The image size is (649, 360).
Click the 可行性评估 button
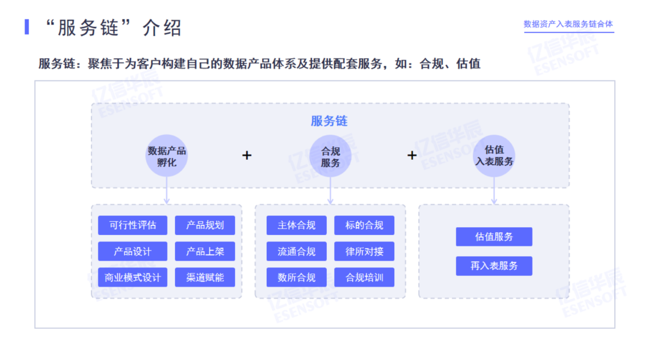133,225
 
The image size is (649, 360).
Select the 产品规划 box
205,225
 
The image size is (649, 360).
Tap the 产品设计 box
133,251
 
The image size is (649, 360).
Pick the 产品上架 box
205,251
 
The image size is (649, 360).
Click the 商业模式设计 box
133,277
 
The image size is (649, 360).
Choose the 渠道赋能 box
205,277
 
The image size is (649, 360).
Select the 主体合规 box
296,225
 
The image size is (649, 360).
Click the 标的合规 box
364,225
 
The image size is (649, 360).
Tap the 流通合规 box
296,251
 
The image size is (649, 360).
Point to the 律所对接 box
364,251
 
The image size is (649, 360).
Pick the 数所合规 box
296,277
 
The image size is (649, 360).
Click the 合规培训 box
364,277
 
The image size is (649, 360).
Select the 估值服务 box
494,237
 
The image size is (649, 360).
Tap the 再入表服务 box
494,266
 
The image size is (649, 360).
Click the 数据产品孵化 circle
167,156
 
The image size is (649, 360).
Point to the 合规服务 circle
330,156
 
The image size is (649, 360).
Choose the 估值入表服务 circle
494,156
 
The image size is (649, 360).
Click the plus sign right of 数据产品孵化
247,156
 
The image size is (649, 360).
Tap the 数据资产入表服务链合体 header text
568,24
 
